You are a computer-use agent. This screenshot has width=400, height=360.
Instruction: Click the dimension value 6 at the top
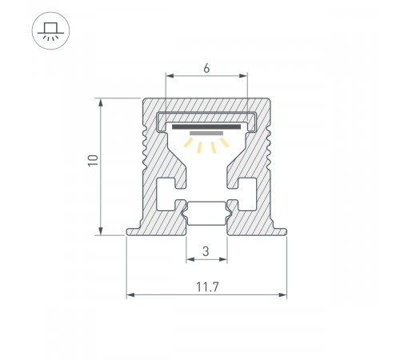pyautogui.click(x=206, y=69)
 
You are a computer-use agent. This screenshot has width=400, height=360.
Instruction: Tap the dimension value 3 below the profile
pyautogui.click(x=206, y=251)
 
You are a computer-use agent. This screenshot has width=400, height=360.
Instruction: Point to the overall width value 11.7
pyautogui.click(x=206, y=286)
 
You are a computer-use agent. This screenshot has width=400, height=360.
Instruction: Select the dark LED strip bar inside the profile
pyautogui.click(x=206, y=127)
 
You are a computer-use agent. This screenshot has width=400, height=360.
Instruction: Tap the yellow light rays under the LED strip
pyautogui.click(x=206, y=144)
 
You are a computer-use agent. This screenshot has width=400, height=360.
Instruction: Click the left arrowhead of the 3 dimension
pyautogui.click(x=190, y=261)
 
